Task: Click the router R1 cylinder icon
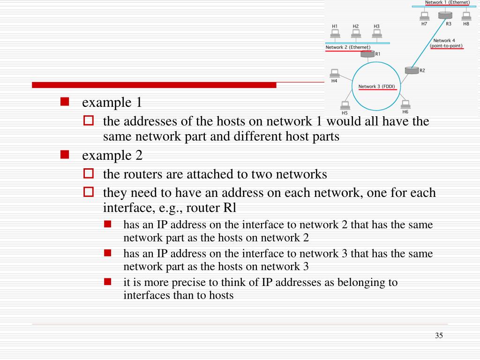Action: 367,54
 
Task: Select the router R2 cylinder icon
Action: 412,70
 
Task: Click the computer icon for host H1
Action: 335,34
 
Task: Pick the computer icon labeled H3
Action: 377,34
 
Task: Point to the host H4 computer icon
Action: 334,74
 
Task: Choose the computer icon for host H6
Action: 405,104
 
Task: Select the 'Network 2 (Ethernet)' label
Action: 348,47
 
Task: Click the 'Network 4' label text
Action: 444,41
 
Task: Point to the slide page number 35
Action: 439,335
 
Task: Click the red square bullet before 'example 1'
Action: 65,102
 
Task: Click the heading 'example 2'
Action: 112,155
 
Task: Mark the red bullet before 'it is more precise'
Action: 108,282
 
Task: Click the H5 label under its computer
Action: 345,113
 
